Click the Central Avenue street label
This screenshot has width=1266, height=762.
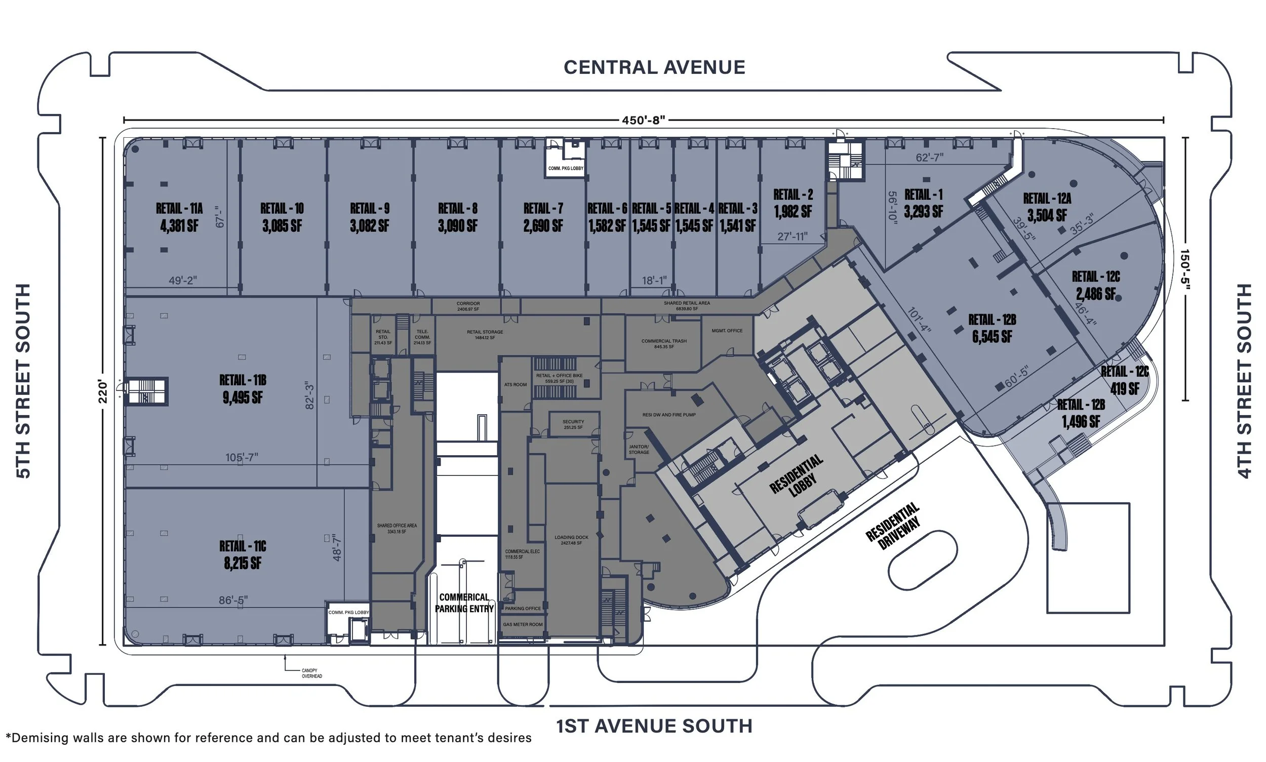click(x=654, y=67)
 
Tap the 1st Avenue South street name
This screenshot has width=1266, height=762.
click(x=654, y=726)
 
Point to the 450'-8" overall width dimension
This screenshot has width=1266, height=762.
click(x=643, y=120)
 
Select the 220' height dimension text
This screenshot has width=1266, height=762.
click(x=103, y=392)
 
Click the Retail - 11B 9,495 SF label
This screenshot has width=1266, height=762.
click(x=243, y=389)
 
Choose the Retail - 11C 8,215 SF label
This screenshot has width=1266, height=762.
click(x=243, y=554)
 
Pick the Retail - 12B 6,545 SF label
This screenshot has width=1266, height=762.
click(x=992, y=328)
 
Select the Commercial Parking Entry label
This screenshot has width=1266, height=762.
click(x=464, y=603)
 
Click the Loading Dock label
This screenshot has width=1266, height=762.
click(x=571, y=540)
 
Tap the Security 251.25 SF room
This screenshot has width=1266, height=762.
click(x=573, y=424)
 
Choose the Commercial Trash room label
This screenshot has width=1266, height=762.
click(x=663, y=343)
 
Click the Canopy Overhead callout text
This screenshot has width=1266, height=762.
click(x=312, y=673)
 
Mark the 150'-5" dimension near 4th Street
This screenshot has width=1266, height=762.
click(x=1184, y=269)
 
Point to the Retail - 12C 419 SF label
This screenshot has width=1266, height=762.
click(x=1125, y=380)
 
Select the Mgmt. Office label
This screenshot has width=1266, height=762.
click(x=727, y=331)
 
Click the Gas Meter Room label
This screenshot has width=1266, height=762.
click(x=522, y=624)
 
